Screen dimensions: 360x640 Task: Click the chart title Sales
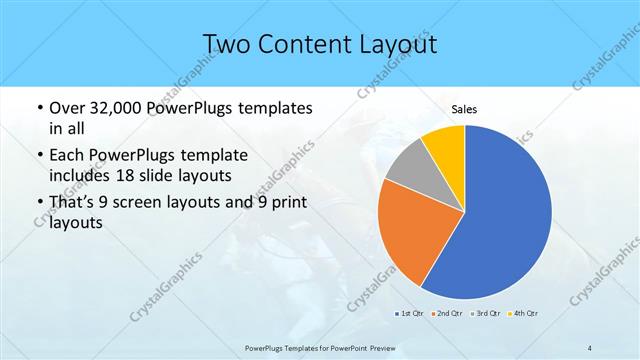coord(464,109)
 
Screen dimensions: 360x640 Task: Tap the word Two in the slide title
coord(228,44)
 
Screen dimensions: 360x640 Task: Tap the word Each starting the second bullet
coord(67,156)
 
